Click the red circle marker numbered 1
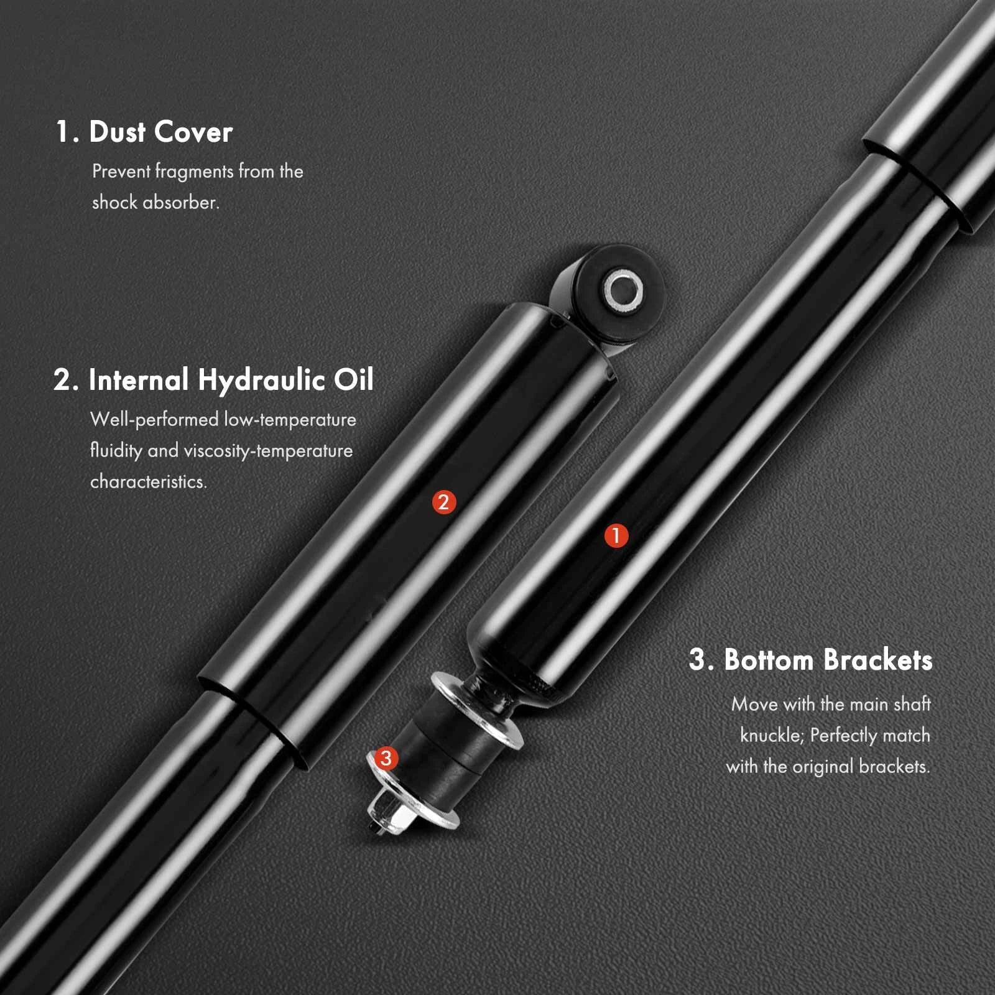[616, 535]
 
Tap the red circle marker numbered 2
[444, 502]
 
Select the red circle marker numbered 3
[386, 758]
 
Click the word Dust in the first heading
[117, 132]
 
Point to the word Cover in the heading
[193, 132]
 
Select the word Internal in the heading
[139, 379]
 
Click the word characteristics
[149, 481]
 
